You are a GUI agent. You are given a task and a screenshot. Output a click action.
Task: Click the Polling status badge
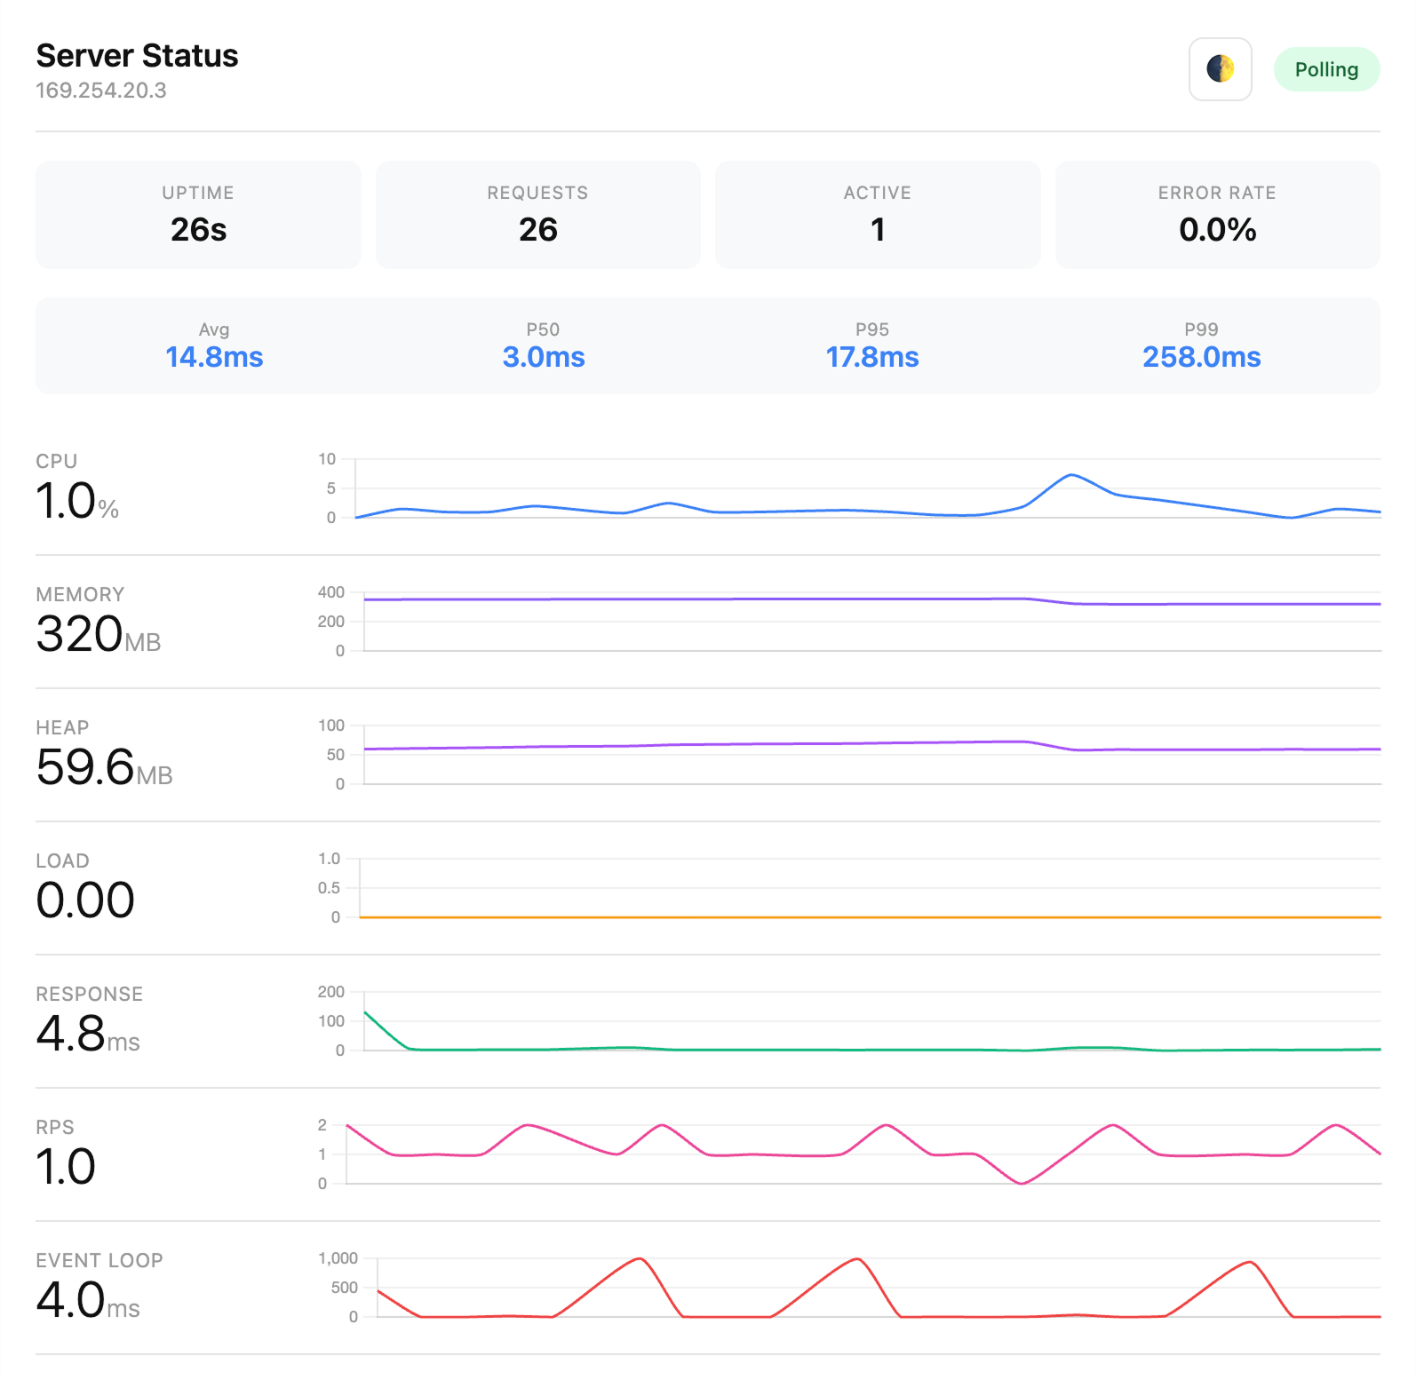tap(1325, 69)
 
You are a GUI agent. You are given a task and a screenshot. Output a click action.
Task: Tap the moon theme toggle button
tap(1220, 69)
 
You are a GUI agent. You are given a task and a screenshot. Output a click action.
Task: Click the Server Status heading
tap(137, 55)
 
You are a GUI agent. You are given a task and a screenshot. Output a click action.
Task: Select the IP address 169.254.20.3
tap(100, 91)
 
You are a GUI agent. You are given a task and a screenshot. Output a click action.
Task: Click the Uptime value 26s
tap(198, 230)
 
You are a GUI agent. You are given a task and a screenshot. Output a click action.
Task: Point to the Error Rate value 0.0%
tap(1216, 230)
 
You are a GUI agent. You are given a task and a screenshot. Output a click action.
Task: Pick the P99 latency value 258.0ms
tap(1201, 357)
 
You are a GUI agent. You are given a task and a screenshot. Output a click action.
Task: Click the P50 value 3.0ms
tap(543, 357)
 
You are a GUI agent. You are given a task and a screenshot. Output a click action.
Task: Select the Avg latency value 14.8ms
tap(214, 357)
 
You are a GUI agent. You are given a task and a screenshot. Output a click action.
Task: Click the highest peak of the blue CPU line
tap(1071, 475)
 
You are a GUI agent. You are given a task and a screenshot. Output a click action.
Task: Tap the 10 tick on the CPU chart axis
tap(327, 459)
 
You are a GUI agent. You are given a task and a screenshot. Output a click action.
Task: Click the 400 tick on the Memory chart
tap(330, 592)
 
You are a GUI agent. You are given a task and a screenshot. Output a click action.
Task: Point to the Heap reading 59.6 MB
tap(103, 767)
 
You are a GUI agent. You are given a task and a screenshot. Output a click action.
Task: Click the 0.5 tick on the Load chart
tap(329, 888)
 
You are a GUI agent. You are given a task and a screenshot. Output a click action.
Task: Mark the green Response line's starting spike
tap(366, 1012)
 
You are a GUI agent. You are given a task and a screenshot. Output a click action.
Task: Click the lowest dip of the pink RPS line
tap(1022, 1183)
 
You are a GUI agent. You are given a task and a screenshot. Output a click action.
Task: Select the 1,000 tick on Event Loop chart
tap(338, 1258)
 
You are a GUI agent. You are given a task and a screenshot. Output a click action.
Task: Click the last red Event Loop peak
tap(1249, 1262)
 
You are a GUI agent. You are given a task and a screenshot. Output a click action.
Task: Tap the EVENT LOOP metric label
tap(99, 1260)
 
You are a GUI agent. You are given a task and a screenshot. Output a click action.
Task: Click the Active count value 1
tap(877, 230)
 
